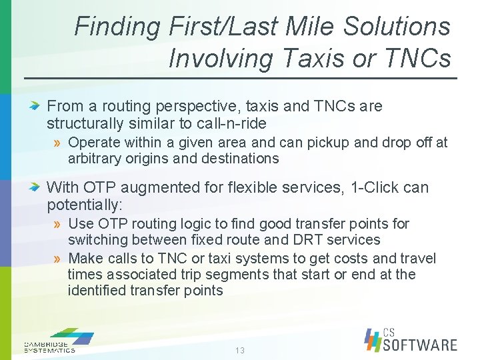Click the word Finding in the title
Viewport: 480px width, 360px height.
(x=117, y=27)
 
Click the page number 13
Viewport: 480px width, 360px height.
(x=239, y=351)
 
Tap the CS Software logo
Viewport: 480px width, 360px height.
(x=411, y=339)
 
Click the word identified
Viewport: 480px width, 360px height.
(x=96, y=291)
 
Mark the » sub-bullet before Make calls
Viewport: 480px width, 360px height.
(x=58, y=259)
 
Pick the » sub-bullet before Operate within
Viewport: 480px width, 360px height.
(x=58, y=143)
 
